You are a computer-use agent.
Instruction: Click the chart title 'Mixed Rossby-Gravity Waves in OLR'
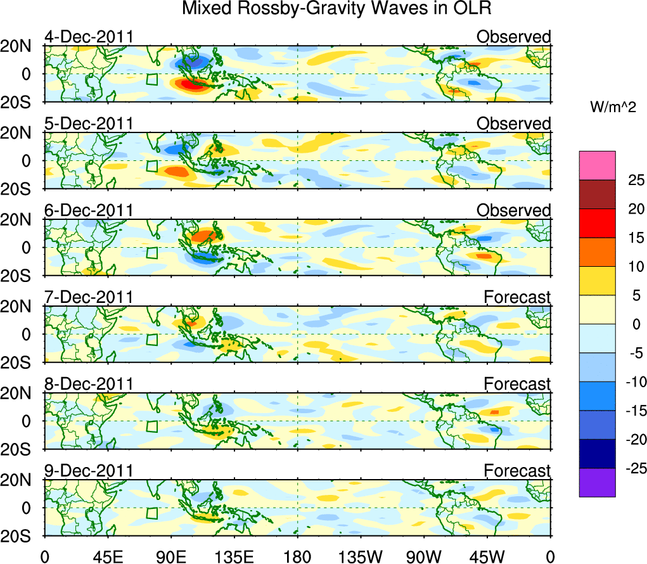pyautogui.click(x=336, y=9)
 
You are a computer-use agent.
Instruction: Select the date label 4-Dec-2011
pyautogui.click(x=89, y=37)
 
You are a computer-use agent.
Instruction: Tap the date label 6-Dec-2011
pyautogui.click(x=89, y=210)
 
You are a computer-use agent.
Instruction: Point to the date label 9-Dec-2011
pyautogui.click(x=89, y=471)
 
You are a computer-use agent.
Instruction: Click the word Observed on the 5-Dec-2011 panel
pyautogui.click(x=513, y=124)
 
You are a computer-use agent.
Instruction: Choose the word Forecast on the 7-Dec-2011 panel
pyautogui.click(x=517, y=297)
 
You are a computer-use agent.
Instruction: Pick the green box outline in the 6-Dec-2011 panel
pyautogui.click(x=151, y=253)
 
